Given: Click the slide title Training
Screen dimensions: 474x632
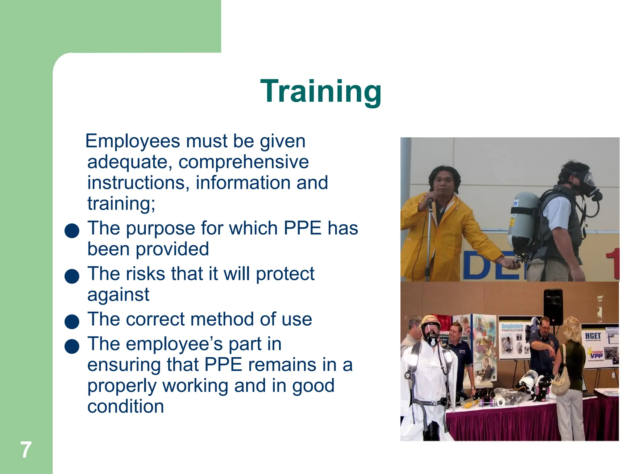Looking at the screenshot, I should (x=321, y=91).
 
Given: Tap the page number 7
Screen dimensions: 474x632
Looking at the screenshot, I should (x=26, y=450).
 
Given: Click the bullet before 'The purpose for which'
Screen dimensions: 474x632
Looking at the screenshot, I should (x=72, y=231).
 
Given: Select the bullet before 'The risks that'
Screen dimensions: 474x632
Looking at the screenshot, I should (x=72, y=276).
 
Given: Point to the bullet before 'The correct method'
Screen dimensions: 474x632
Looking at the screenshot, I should (x=72, y=322).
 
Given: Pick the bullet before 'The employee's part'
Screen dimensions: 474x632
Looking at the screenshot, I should (x=72, y=346).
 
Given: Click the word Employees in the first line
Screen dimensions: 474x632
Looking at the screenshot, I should (x=133, y=141).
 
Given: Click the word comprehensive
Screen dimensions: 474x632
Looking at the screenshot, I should (x=243, y=162).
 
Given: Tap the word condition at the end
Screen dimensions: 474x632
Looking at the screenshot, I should (x=125, y=406).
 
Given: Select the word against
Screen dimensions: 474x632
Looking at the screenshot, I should (x=118, y=294).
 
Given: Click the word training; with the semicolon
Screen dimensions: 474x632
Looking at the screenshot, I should (x=121, y=204).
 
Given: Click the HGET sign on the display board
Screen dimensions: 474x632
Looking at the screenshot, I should (x=593, y=336).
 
